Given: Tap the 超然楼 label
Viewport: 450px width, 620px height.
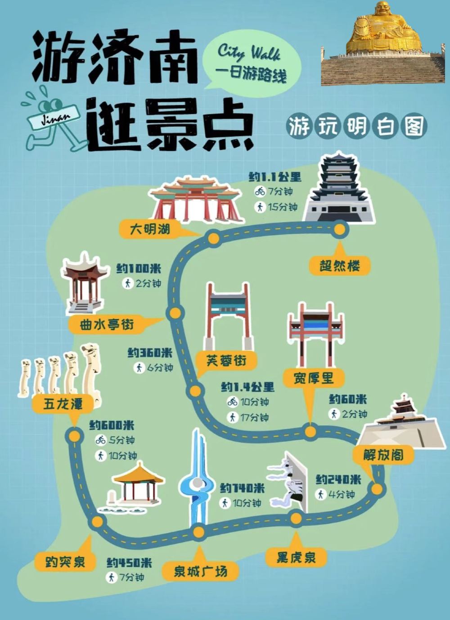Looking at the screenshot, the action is point(340,266).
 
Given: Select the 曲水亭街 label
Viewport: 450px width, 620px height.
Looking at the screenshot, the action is point(107,325).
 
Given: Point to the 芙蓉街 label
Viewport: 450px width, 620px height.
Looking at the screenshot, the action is point(226,360).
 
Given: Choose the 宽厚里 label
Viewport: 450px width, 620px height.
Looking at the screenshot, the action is point(314,378).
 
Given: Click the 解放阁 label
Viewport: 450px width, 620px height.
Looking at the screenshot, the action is point(383,455).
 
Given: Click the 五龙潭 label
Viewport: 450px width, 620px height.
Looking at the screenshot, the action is point(63,405).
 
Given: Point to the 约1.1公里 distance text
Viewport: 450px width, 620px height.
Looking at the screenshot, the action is point(275,177).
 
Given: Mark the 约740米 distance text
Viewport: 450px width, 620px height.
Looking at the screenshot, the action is point(243,488).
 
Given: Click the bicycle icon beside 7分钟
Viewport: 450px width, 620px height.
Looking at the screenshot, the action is point(260,191).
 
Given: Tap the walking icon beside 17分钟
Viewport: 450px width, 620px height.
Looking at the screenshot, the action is point(233,417).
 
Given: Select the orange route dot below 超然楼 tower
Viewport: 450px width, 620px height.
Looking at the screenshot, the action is point(340,229).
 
